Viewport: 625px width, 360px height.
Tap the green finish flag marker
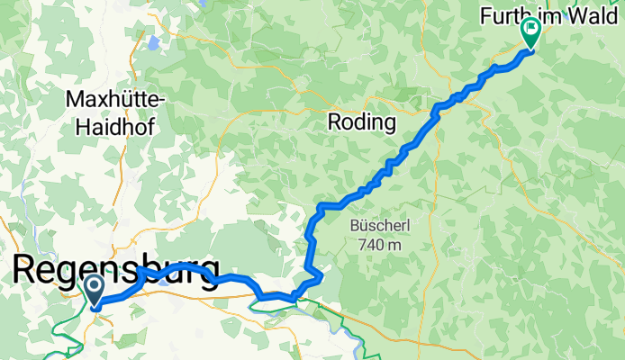pos(530,31)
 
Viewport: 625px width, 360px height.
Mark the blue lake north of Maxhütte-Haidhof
pos(155,41)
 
